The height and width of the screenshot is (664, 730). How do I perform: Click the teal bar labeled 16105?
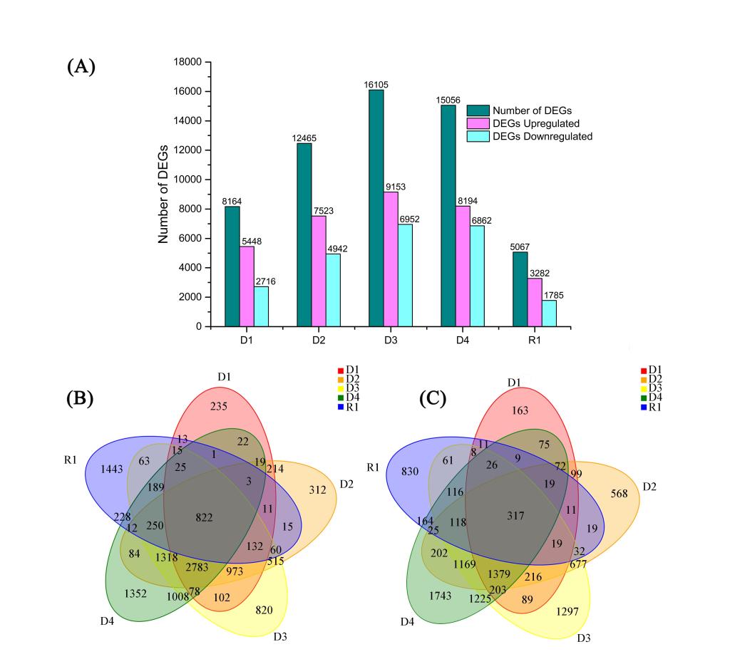click(x=376, y=208)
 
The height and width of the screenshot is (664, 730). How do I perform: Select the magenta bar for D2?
click(x=319, y=271)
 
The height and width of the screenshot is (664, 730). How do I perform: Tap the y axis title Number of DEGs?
click(x=163, y=194)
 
